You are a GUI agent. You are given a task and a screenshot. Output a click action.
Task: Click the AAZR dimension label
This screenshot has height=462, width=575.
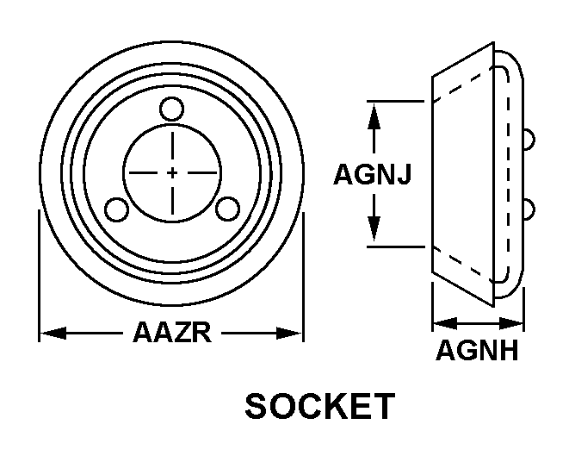[172, 333]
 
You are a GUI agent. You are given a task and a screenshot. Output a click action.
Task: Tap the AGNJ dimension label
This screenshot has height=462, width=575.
[372, 174]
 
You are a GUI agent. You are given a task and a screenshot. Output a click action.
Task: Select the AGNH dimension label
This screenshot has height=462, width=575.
[477, 350]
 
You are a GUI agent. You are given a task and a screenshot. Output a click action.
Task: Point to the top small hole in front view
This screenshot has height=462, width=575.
[171, 109]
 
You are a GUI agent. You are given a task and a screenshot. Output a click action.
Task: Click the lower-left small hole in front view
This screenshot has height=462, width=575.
[116, 209]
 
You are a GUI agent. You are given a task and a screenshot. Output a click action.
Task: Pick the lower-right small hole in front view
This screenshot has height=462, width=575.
[227, 209]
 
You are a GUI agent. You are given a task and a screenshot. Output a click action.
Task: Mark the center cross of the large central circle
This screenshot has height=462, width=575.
[172, 172]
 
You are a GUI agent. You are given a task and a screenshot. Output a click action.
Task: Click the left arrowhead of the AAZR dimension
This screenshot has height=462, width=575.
[53, 333]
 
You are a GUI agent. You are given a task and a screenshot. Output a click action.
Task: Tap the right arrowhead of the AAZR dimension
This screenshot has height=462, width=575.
[289, 333]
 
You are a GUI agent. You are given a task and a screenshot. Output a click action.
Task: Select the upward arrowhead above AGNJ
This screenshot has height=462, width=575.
[374, 116]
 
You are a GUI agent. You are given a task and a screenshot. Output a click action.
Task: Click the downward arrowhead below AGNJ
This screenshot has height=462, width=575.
[374, 228]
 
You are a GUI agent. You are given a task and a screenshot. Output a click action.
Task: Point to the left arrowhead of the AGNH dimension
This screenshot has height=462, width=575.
[445, 323]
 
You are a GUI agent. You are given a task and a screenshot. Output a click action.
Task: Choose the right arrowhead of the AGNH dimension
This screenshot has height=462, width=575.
[510, 323]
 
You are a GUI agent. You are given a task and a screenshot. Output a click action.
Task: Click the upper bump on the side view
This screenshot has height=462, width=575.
[529, 140]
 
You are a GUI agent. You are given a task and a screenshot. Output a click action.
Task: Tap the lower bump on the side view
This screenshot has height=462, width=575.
[529, 209]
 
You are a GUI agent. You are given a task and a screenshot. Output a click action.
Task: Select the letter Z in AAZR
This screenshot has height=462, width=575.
[182, 333]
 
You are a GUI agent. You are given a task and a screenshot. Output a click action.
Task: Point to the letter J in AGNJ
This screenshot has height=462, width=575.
[404, 174]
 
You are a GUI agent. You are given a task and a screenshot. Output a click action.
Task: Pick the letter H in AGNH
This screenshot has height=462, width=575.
[508, 350]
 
